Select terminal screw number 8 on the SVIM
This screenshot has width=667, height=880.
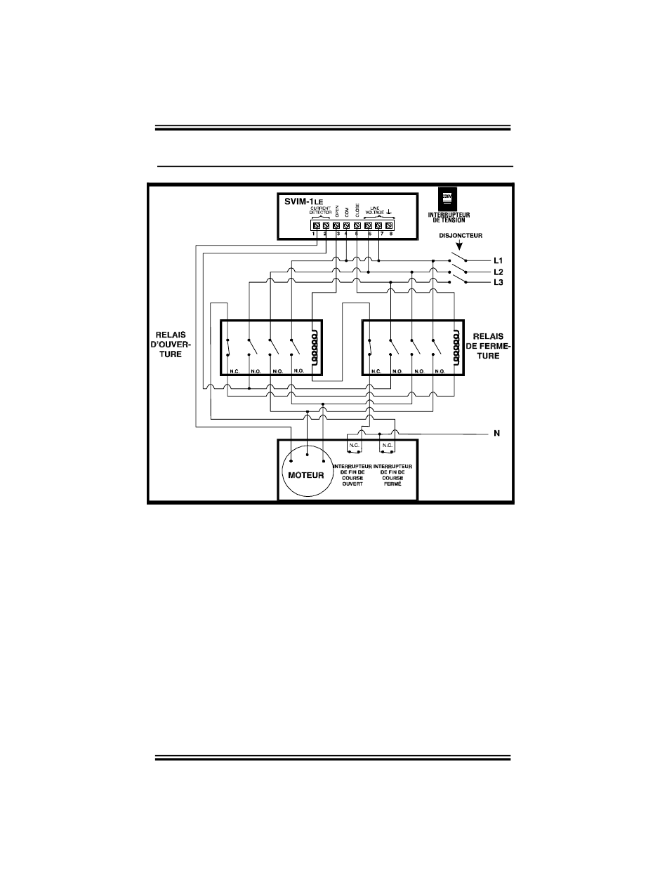(389, 225)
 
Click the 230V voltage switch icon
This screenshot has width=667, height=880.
(445, 196)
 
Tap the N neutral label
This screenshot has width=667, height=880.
(496, 434)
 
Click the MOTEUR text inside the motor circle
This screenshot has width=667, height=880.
(304, 475)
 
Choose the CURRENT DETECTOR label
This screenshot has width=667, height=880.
(320, 210)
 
